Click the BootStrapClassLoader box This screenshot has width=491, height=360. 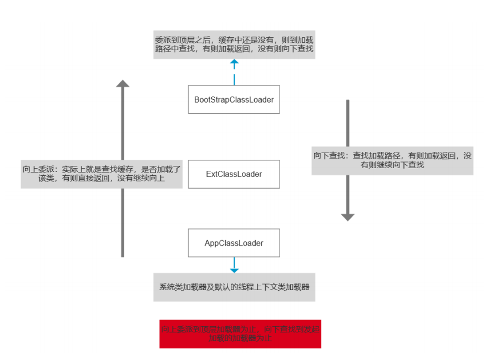pos(234,100)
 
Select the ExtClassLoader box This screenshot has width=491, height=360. pos(234,174)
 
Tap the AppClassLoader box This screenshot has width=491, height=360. pos(234,243)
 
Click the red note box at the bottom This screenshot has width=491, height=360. pos(240,333)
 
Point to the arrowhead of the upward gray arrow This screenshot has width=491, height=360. pos(123,84)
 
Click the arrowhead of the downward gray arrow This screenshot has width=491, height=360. pos(347,217)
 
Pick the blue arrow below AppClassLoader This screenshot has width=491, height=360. pos(234,266)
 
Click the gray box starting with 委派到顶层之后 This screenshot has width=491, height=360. pos(234,44)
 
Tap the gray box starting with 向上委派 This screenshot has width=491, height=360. pos(102,174)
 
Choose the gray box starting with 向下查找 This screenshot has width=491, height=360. pos(392,160)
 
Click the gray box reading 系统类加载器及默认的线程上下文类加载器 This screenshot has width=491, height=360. pos(234,287)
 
